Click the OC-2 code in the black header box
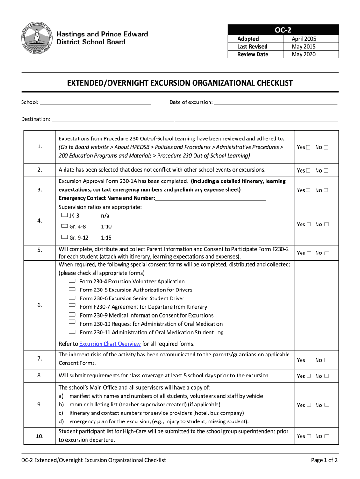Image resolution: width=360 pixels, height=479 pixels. pyautogui.click(x=283, y=30)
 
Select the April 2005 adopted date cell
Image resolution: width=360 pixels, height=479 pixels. pyautogui.click(x=303, y=39)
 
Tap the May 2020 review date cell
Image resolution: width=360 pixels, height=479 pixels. pyautogui.click(x=303, y=54)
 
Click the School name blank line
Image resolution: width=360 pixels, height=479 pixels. pyautogui.click(x=95, y=102)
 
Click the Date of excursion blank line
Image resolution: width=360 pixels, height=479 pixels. pyautogui.click(x=275, y=102)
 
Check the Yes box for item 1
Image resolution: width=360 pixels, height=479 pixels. pyautogui.click(x=309, y=148)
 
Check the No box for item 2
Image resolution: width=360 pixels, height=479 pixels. pyautogui.click(x=326, y=171)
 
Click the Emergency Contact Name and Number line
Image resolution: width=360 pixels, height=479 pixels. pyautogui.click(x=210, y=198)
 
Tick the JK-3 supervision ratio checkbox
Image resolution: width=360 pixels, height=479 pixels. pyautogui.click(x=65, y=215)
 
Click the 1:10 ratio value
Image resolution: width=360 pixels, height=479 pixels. pyautogui.click(x=106, y=226)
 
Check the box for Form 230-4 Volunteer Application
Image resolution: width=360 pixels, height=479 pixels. pyautogui.click(x=72, y=281)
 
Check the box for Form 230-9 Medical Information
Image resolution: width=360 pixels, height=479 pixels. pyautogui.click(x=72, y=315)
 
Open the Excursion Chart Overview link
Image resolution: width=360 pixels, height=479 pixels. pyautogui.click(x=110, y=344)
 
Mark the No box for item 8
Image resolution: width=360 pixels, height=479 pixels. pyautogui.click(x=326, y=376)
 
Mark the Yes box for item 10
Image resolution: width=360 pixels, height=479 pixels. pyautogui.click(x=309, y=436)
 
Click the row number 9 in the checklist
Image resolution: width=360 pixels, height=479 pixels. pyautogui.click(x=40, y=405)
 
